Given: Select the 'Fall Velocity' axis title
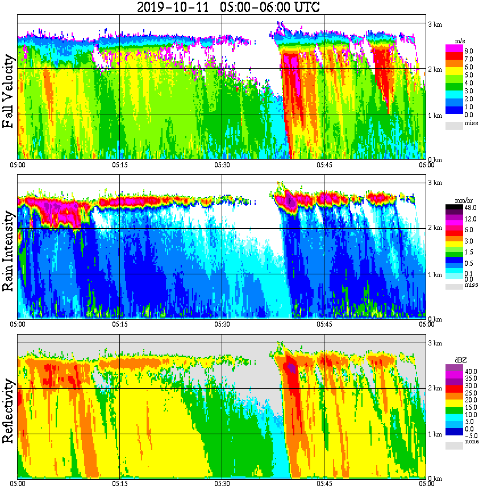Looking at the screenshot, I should pyautogui.click(x=9, y=92).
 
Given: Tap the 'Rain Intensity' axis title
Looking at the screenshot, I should pyautogui.click(x=9, y=251).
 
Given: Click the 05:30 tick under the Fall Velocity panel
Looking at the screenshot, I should pyautogui.click(x=222, y=165).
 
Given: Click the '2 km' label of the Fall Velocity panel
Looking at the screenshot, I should pyautogui.click(x=435, y=69).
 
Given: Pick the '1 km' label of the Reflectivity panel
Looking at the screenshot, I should pyautogui.click(x=435, y=435).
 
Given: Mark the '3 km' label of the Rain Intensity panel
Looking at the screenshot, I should pyautogui.click(x=435, y=183).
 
